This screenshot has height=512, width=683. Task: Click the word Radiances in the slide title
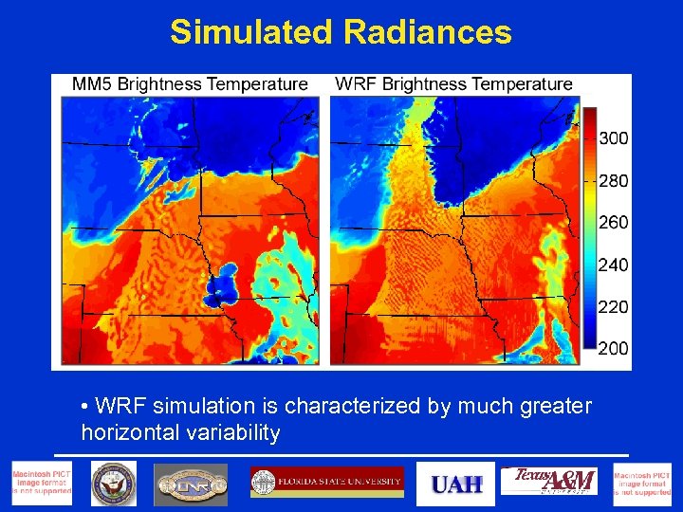point(428,32)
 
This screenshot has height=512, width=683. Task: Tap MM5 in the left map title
point(92,84)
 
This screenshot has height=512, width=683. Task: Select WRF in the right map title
point(356,84)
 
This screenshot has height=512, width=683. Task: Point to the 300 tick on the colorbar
point(614,138)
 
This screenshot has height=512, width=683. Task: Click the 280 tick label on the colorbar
point(614,180)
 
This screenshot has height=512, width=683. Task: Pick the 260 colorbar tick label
point(614,223)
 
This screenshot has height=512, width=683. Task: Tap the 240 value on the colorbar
point(614,265)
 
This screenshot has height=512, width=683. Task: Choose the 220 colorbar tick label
point(614,306)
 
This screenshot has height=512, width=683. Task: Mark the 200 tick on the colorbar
point(614,348)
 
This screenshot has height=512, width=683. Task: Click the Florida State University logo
point(327,483)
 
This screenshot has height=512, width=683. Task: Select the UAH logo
point(456,484)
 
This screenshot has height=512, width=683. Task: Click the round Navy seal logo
point(114,484)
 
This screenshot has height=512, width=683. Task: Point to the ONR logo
point(191,484)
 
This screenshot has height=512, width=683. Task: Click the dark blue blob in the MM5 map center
point(225,283)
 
